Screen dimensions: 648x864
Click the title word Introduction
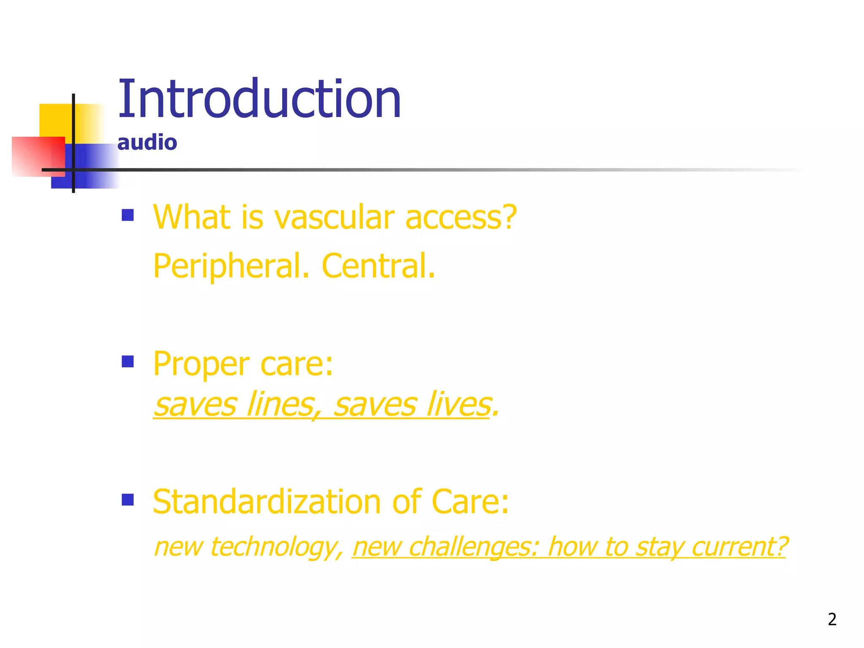[259, 100]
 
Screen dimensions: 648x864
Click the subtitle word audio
[147, 143]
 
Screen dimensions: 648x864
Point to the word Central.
[378, 266]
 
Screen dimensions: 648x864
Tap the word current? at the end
[740, 547]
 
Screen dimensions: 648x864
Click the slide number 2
[832, 619]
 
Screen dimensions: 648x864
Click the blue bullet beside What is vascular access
[127, 215]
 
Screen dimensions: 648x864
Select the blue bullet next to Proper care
[127, 362]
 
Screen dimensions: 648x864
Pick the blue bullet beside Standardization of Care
[127, 499]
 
